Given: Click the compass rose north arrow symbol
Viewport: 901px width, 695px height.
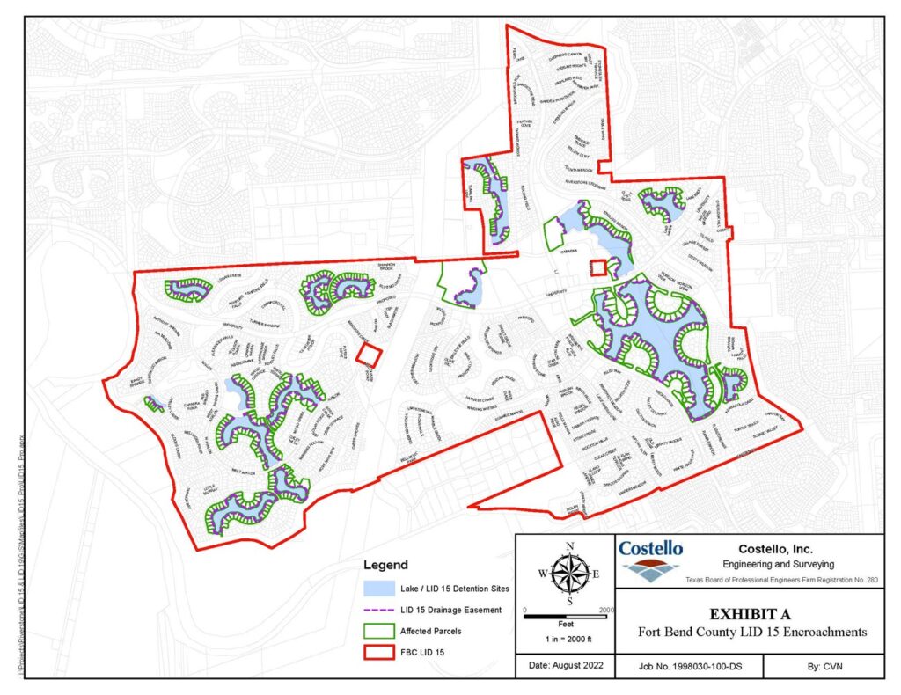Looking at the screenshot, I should coord(570,573).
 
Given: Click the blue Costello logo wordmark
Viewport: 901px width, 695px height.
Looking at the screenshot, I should coord(650,548).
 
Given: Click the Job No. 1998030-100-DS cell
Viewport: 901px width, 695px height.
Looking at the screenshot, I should coord(690,668).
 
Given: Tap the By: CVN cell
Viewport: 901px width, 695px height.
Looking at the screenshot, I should coord(823,668).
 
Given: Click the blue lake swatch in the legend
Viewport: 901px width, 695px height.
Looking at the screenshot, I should coord(384,587).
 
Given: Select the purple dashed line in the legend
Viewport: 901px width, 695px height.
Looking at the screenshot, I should coord(384,610).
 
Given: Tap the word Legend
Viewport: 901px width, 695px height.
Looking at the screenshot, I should coord(386,564).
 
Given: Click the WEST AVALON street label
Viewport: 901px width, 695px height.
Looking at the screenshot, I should coord(243,472).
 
